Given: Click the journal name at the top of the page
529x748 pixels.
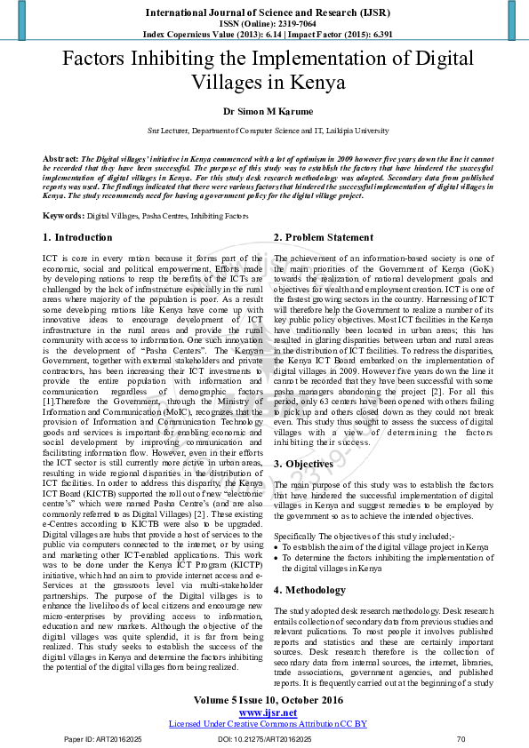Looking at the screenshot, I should tap(264, 13).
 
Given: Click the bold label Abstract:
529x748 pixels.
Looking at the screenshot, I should tap(60, 157).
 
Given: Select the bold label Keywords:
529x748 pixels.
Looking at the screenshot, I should tap(63, 216).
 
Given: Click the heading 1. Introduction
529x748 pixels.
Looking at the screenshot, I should tap(78, 238).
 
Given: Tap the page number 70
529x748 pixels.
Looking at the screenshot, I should tap(461, 739).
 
